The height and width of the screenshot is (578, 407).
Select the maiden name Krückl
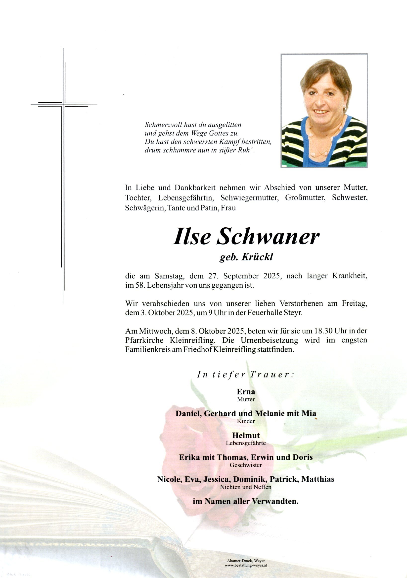pyautogui.click(x=257, y=257)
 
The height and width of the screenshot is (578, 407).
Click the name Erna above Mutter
pyautogui.click(x=246, y=391)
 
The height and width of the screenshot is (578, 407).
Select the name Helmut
pyautogui.click(x=246, y=435)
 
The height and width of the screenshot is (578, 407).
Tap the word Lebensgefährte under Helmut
pyautogui.click(x=246, y=443)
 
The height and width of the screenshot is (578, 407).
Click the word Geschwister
pyautogui.click(x=246, y=465)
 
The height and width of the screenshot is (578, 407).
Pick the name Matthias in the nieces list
pyautogui.click(x=318, y=479)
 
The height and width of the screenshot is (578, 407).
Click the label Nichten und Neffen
pyautogui.click(x=246, y=487)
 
